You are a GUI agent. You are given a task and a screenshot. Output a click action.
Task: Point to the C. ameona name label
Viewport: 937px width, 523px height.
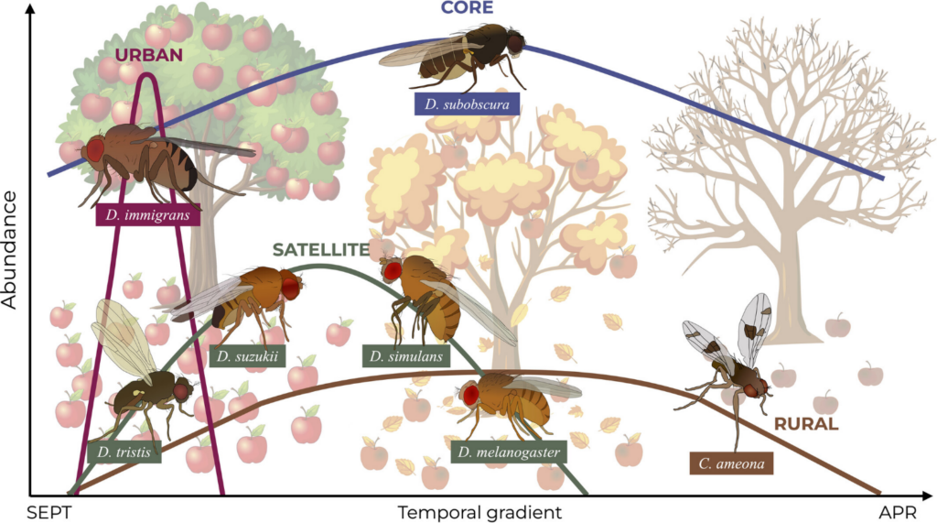point(731,464)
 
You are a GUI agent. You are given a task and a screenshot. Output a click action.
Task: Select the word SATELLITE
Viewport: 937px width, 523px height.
point(320,249)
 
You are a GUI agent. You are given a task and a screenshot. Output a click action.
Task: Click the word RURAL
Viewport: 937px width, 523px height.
point(806,424)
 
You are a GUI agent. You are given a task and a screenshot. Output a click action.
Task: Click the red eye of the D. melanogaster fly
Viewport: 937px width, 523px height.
point(472,394)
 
